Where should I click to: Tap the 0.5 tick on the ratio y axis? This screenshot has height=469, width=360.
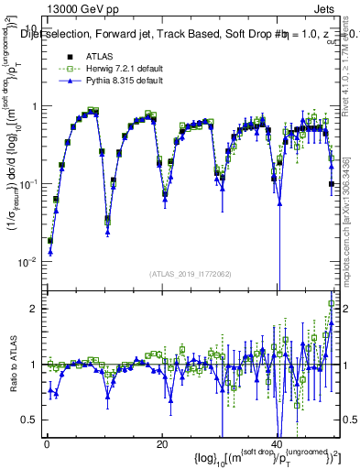(x=30, y=420)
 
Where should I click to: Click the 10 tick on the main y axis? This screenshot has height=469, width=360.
(x=32, y=28)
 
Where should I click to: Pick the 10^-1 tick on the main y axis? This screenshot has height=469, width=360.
(x=28, y=184)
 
